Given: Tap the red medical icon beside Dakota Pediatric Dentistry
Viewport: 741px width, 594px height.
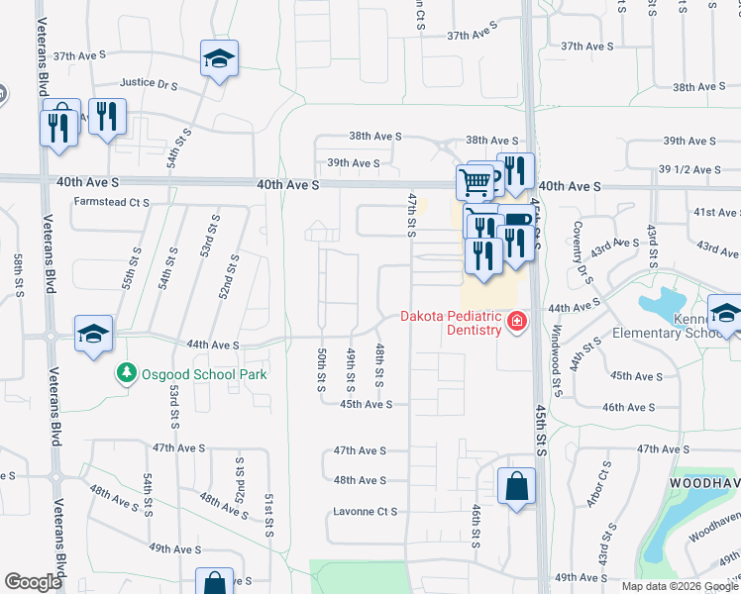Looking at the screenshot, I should pyautogui.click(x=516, y=321).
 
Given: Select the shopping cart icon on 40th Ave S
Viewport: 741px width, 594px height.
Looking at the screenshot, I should pyautogui.click(x=475, y=181).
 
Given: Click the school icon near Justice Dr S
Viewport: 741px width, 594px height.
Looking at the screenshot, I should pyautogui.click(x=219, y=58).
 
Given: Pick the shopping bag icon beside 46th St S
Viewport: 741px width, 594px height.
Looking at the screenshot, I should pyautogui.click(x=516, y=486).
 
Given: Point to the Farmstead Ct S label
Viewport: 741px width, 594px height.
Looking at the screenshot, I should pyautogui.click(x=111, y=202).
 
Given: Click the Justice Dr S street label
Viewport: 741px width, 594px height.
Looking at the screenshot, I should pyautogui.click(x=149, y=85).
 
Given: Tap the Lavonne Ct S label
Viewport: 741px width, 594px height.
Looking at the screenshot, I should pyautogui.click(x=366, y=512).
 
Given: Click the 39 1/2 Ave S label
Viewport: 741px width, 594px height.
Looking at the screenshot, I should pyautogui.click(x=691, y=169).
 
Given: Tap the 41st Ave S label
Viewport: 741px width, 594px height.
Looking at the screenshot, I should pyautogui.click(x=716, y=213).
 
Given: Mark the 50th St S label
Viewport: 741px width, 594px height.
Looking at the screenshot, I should pyautogui.click(x=322, y=369).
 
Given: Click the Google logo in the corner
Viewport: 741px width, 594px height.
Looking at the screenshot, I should pyautogui.click(x=33, y=582).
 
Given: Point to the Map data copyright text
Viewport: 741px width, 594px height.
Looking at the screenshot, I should pyautogui.click(x=680, y=586).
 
